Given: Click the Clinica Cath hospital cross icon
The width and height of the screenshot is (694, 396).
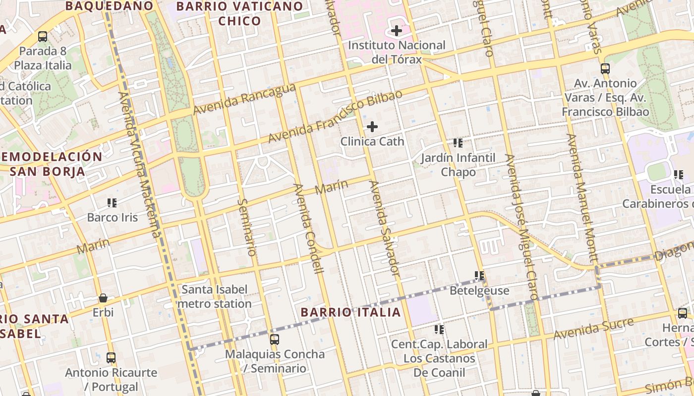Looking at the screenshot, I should [372, 127].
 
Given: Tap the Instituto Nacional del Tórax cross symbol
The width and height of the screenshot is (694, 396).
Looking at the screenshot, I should [396, 31].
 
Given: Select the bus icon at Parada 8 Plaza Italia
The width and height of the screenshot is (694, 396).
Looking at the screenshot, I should [43, 36].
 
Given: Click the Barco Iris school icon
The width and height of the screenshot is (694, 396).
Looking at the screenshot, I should [112, 202].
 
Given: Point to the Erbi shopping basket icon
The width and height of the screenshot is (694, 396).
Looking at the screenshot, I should [103, 297].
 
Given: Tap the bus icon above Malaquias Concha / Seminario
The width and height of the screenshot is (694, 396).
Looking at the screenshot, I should [274, 339].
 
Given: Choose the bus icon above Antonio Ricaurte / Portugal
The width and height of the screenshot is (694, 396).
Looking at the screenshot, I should [111, 357].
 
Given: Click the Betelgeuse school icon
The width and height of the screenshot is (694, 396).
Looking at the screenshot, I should [479, 275].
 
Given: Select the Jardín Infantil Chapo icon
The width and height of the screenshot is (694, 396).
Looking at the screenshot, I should [458, 143].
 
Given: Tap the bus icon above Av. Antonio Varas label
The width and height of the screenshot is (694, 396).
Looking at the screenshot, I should [605, 68].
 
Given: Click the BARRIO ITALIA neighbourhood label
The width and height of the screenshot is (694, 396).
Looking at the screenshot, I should [350, 312].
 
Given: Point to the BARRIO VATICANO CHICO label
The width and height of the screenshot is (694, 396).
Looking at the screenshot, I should [239, 13].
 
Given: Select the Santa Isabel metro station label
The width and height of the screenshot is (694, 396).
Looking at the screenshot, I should [214, 297].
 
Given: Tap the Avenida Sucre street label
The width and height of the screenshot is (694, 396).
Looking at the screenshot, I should [593, 329].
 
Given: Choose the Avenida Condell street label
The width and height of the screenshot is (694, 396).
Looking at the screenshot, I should [308, 228].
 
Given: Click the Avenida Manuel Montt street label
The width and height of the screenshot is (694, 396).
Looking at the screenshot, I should [583, 198].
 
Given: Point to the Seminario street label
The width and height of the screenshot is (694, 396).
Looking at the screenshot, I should [246, 227].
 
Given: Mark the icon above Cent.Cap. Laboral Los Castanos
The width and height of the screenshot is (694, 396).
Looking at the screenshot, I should [439, 329].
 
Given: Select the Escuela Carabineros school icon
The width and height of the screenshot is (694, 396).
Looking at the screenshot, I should [678, 174].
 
